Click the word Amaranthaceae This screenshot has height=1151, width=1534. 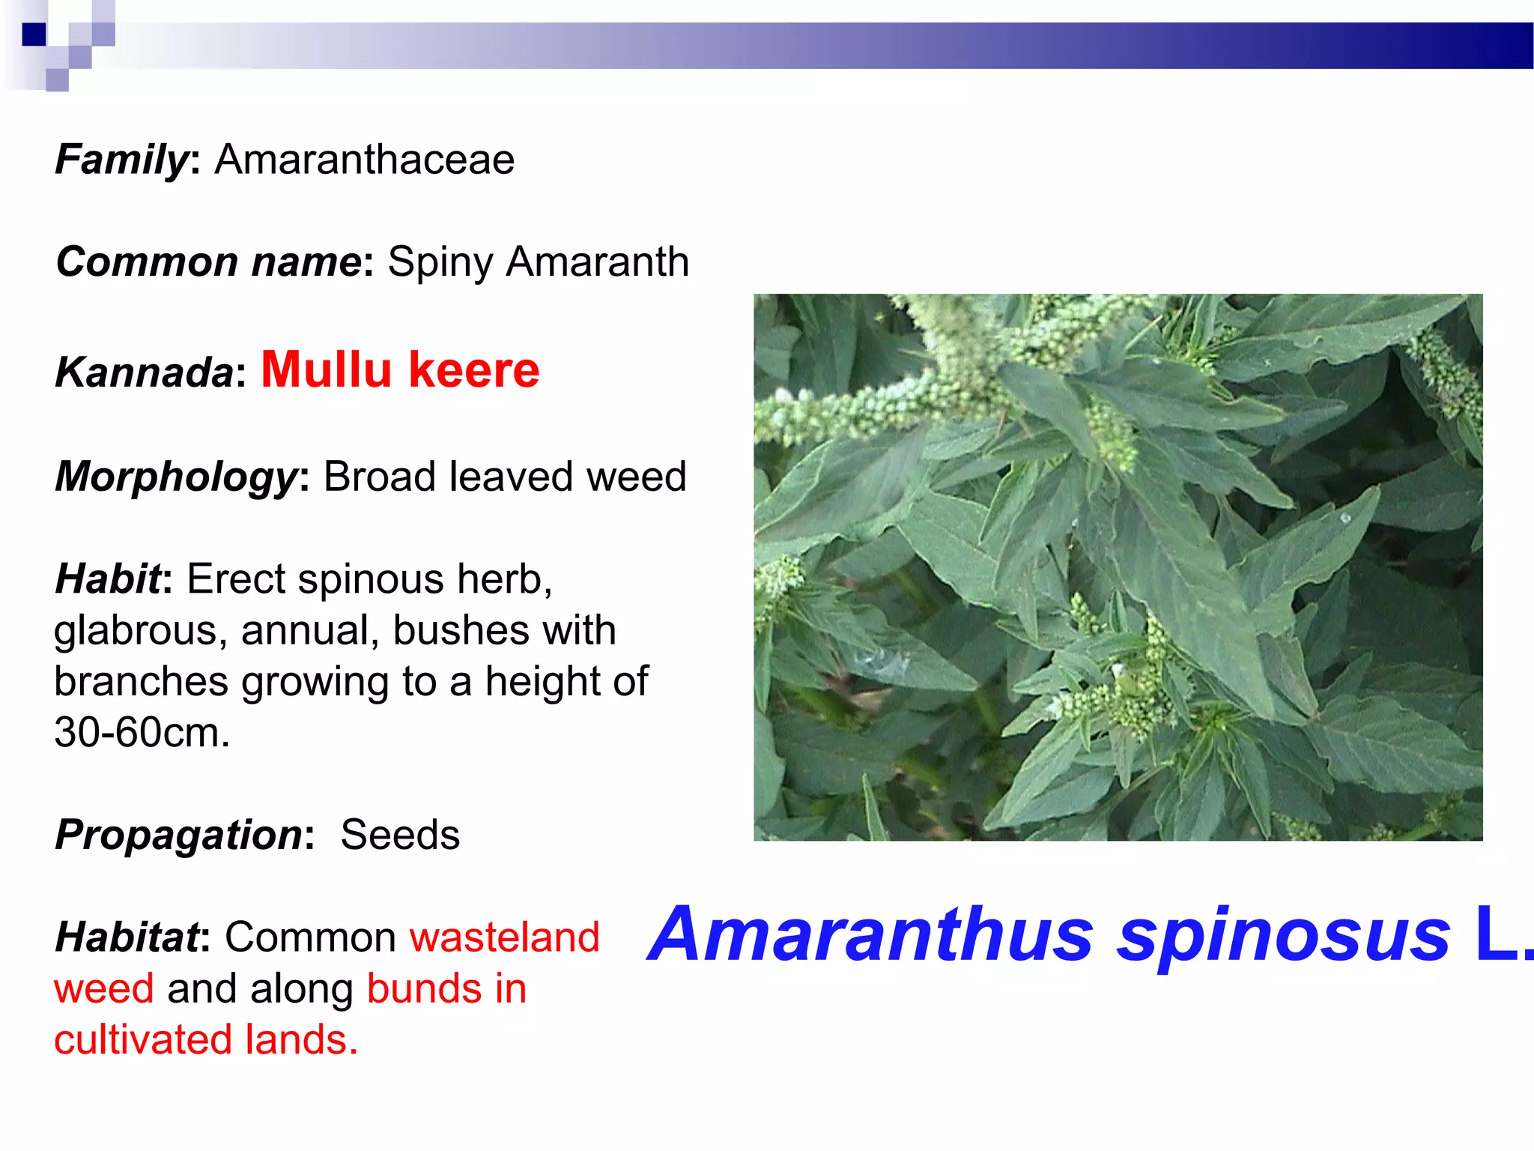[365, 160]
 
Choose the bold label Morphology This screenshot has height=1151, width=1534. [177, 477]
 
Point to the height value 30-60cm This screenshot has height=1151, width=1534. [142, 732]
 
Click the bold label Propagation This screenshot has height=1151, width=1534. [179, 836]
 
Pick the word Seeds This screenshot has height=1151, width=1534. [400, 835]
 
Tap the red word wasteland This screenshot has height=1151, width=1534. [505, 937]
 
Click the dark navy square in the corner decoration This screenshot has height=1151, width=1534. [34, 34]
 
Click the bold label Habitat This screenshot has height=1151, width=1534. [128, 937]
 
